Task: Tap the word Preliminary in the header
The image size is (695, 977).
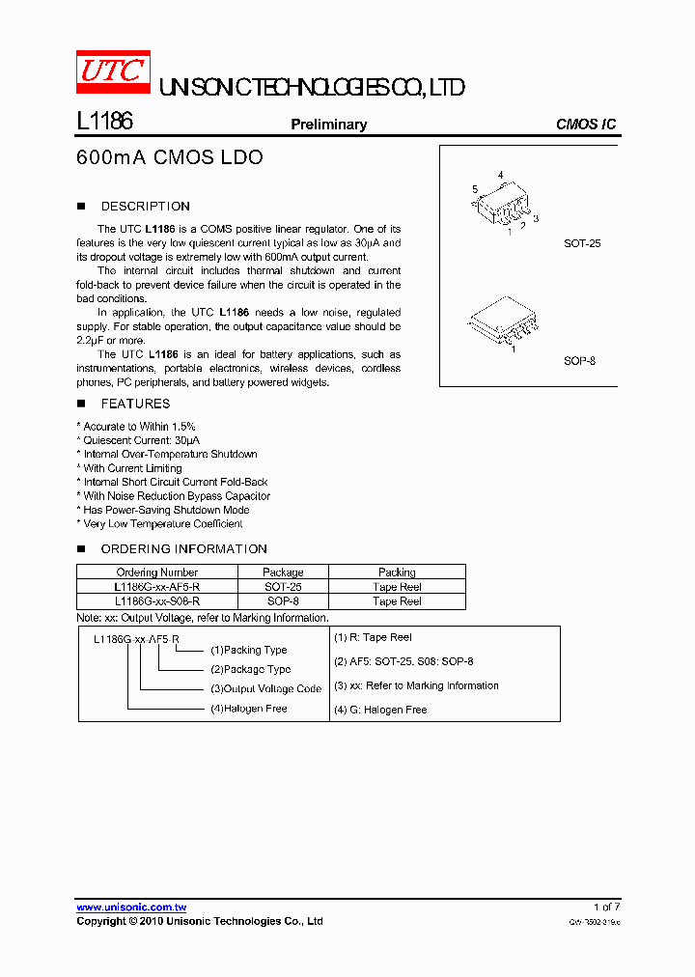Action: [329, 125]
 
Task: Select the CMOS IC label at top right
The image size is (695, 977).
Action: [585, 125]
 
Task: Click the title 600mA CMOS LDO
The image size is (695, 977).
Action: [169, 157]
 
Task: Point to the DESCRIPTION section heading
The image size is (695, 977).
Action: [145, 207]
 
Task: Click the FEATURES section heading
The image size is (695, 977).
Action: [135, 405]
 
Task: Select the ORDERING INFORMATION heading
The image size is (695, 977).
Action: [183, 549]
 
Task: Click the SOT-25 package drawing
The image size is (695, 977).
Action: [504, 205]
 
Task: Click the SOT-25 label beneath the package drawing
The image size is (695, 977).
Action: [582, 244]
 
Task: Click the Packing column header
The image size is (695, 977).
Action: [397, 572]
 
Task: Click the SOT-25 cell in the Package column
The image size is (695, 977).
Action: [283, 587]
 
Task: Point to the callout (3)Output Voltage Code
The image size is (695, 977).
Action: [265, 689]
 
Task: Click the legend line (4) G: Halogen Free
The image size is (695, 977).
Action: [380, 710]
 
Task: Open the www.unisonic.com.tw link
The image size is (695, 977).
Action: [131, 907]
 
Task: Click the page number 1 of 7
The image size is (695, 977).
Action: [606, 907]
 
